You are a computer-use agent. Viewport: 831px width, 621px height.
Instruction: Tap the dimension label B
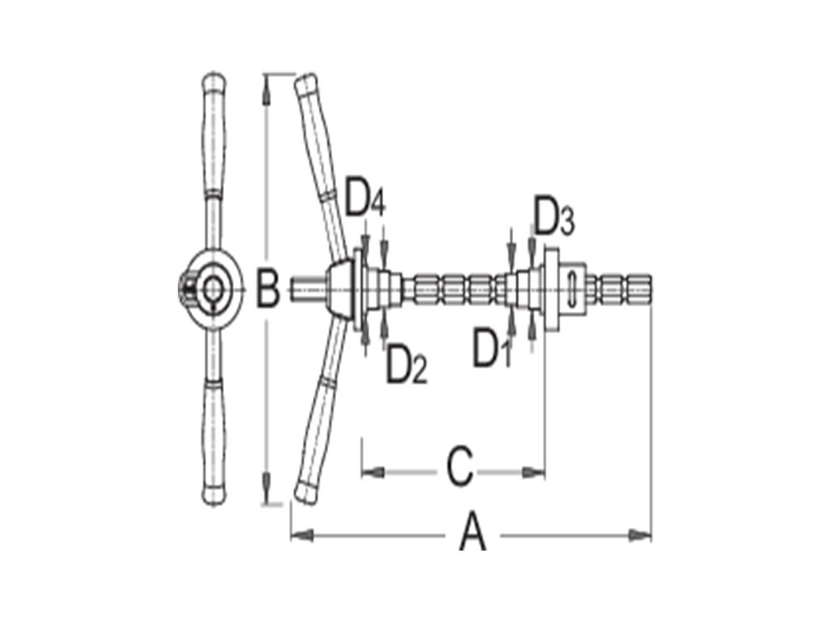(x=267, y=287)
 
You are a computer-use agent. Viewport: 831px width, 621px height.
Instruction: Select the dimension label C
(x=459, y=467)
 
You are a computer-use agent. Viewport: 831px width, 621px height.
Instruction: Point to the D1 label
(x=489, y=347)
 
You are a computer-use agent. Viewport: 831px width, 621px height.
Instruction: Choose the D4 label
(x=364, y=199)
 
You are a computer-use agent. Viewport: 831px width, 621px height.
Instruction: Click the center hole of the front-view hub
(x=214, y=287)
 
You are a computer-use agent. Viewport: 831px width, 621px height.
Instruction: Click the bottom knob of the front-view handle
(x=213, y=494)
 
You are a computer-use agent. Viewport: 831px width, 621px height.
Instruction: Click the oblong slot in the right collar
(x=573, y=288)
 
